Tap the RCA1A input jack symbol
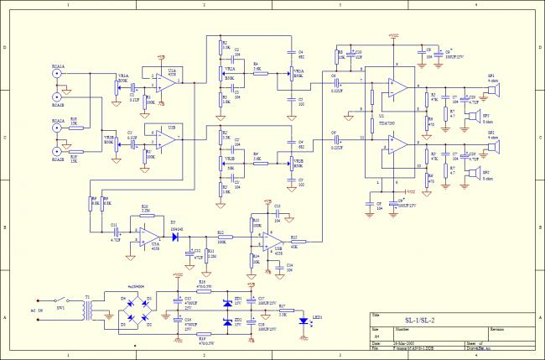click(x=58, y=75)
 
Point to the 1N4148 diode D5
click(x=177, y=237)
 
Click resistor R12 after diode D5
click(x=221, y=237)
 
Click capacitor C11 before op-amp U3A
click(x=115, y=231)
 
